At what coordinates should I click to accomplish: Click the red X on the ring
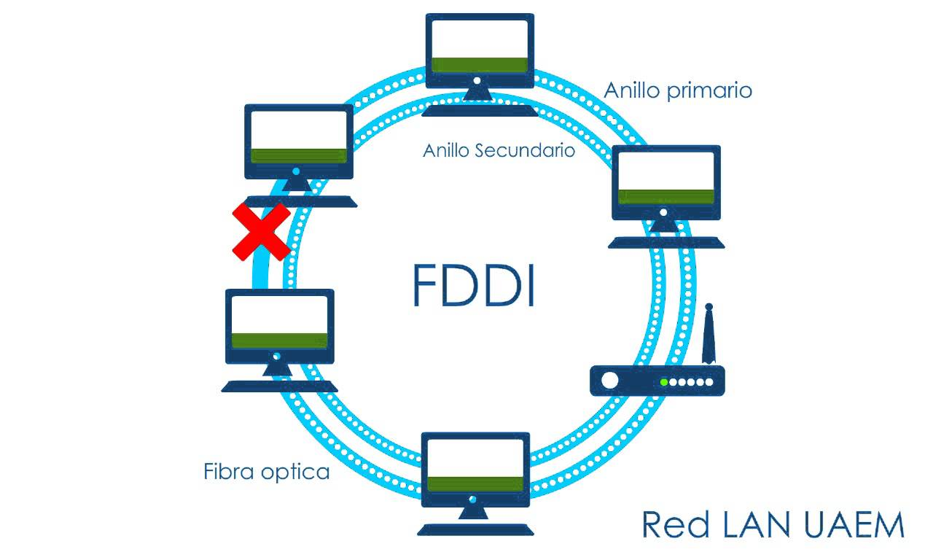click(x=262, y=232)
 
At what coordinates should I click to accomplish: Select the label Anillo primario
click(x=678, y=90)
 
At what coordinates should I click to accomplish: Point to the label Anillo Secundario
click(x=499, y=151)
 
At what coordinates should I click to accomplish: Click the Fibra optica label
click(x=266, y=472)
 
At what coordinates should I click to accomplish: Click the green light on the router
click(x=664, y=382)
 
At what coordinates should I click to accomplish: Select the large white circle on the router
click(x=609, y=381)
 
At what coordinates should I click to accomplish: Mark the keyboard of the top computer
click(x=481, y=111)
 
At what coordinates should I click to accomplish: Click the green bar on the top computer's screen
click(x=480, y=64)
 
